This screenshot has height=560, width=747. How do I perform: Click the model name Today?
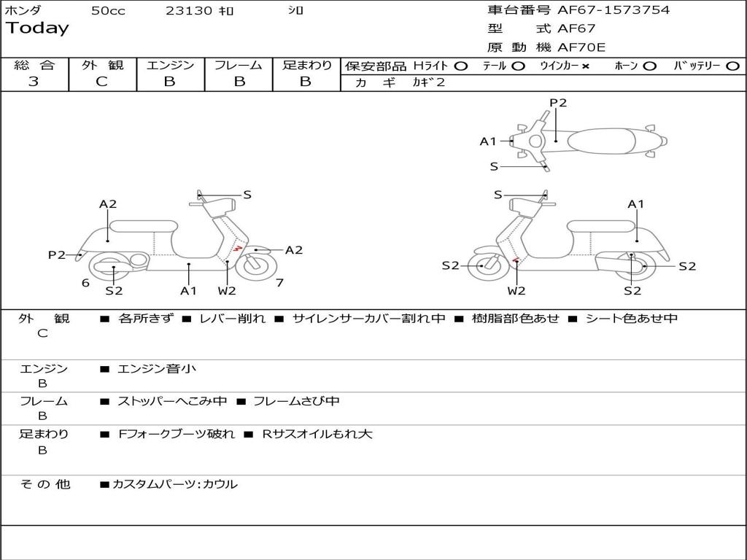click(37, 28)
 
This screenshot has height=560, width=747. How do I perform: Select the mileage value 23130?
click(188, 11)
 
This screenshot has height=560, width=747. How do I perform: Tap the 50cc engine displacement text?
click(108, 11)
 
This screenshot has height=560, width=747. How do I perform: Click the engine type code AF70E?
click(581, 48)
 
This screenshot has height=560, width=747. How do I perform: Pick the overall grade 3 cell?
click(34, 82)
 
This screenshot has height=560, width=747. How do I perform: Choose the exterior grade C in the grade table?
click(101, 82)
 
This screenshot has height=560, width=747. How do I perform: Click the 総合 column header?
click(34, 66)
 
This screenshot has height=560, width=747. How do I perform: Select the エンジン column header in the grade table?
click(170, 66)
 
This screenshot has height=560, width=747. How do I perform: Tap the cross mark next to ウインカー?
click(585, 66)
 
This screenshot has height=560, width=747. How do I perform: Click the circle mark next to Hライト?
click(461, 66)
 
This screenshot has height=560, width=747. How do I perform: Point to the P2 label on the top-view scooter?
click(558, 103)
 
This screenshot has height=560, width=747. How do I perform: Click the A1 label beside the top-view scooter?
click(488, 141)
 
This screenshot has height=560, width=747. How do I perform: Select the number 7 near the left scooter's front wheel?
click(279, 282)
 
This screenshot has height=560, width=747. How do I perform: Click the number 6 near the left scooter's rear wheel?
click(85, 282)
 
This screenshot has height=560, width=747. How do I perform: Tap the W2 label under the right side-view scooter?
click(516, 291)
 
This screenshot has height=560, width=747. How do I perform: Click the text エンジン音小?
click(157, 369)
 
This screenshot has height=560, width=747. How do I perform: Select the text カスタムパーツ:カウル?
click(174, 484)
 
